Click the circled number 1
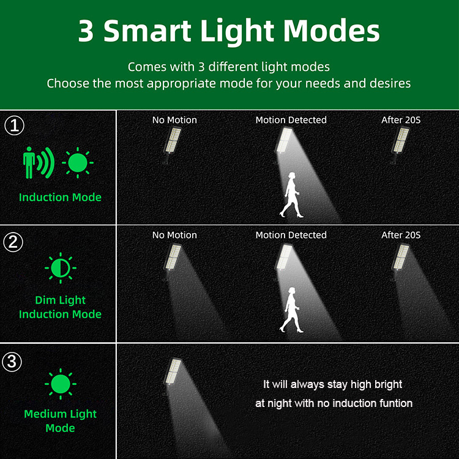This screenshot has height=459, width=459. click(x=14, y=126)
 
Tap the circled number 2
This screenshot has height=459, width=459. click(x=14, y=242)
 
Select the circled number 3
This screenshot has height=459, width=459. click(x=13, y=361)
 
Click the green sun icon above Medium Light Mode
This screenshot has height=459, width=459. click(x=60, y=384)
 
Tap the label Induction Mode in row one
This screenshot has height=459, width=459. click(x=60, y=197)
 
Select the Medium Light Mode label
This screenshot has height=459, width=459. click(x=60, y=421)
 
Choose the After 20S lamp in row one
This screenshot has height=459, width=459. click(x=401, y=142)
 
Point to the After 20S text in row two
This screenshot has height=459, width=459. click(x=401, y=235)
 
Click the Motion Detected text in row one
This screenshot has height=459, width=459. click(x=291, y=120)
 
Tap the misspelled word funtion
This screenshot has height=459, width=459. click(x=392, y=403)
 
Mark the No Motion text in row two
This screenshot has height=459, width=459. click(x=174, y=235)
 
